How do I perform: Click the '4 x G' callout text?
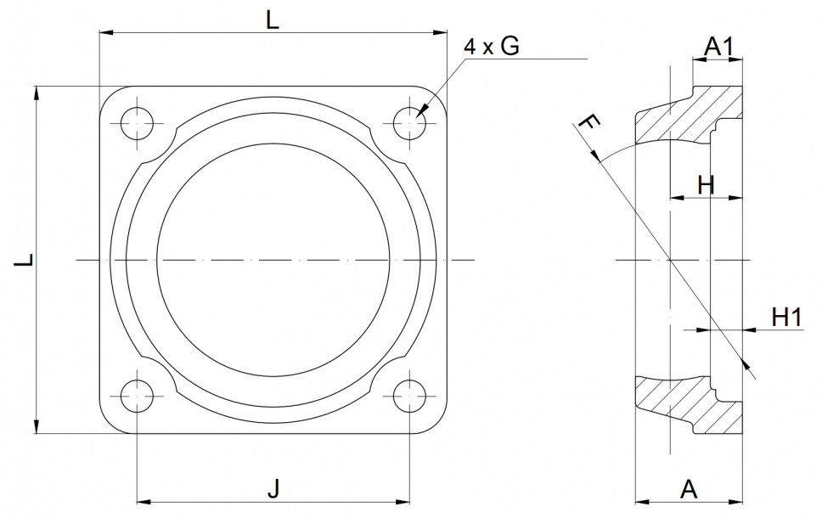tap(491, 48)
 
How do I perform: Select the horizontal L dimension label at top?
tap(273, 21)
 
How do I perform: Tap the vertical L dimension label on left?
tap(25, 259)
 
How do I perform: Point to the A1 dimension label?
tap(719, 48)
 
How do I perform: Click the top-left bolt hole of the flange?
tap(137, 124)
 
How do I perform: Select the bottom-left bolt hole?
tap(137, 396)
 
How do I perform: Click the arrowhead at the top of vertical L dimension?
tap(37, 92)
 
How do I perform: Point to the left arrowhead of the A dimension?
tap(642, 501)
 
